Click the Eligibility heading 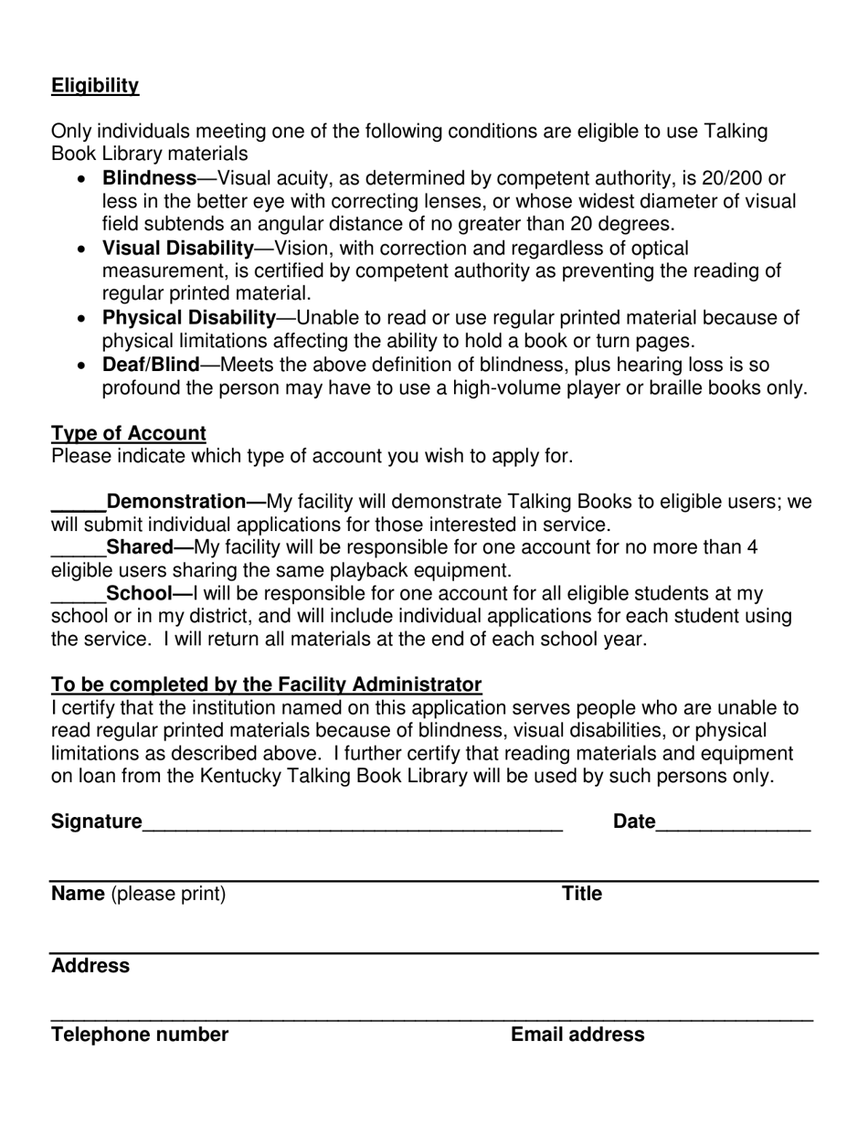(x=95, y=86)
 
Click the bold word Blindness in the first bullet (x=149, y=178)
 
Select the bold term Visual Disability (x=177, y=249)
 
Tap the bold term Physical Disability (x=188, y=318)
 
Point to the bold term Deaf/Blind (x=150, y=366)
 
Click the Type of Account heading (x=129, y=433)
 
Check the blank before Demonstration (x=78, y=504)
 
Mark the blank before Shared (x=78, y=549)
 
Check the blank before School (x=78, y=595)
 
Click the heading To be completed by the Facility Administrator (x=266, y=684)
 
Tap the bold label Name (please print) (x=138, y=894)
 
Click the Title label (x=582, y=894)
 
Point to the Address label (x=90, y=966)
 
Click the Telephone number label (x=140, y=1034)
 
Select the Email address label (x=577, y=1034)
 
